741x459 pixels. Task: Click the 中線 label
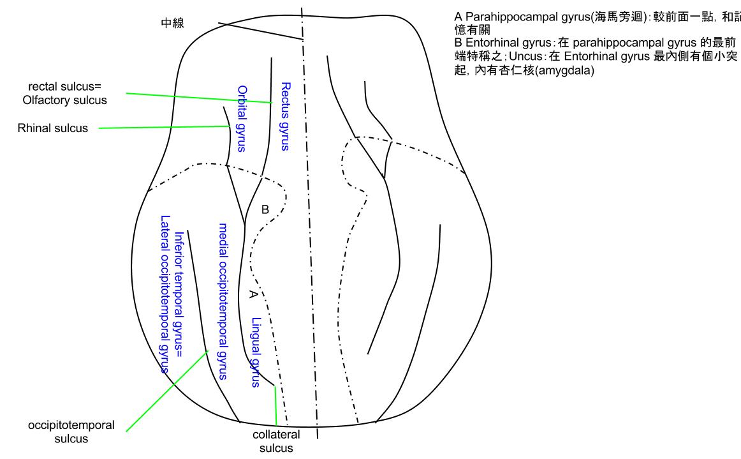pyautogui.click(x=172, y=24)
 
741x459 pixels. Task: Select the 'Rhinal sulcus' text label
pyautogui.click(x=52, y=128)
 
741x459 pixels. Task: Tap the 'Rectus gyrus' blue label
pyautogui.click(x=285, y=116)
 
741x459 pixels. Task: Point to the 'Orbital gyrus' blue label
pyautogui.click(x=241, y=119)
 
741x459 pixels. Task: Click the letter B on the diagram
pyautogui.click(x=265, y=209)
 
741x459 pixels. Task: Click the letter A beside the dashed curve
pyautogui.click(x=253, y=294)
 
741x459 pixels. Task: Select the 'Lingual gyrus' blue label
pyautogui.click(x=256, y=352)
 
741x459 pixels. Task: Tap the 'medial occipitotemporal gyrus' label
pyautogui.click(x=223, y=301)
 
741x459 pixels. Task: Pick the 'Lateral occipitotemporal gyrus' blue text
pyautogui.click(x=165, y=293)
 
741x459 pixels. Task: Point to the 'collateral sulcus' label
pyautogui.click(x=276, y=441)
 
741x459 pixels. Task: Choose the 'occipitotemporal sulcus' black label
pyautogui.click(x=71, y=432)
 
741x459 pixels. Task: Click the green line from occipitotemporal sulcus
pyautogui.click(x=166, y=391)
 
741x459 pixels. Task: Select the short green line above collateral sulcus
pyautogui.click(x=275, y=405)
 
